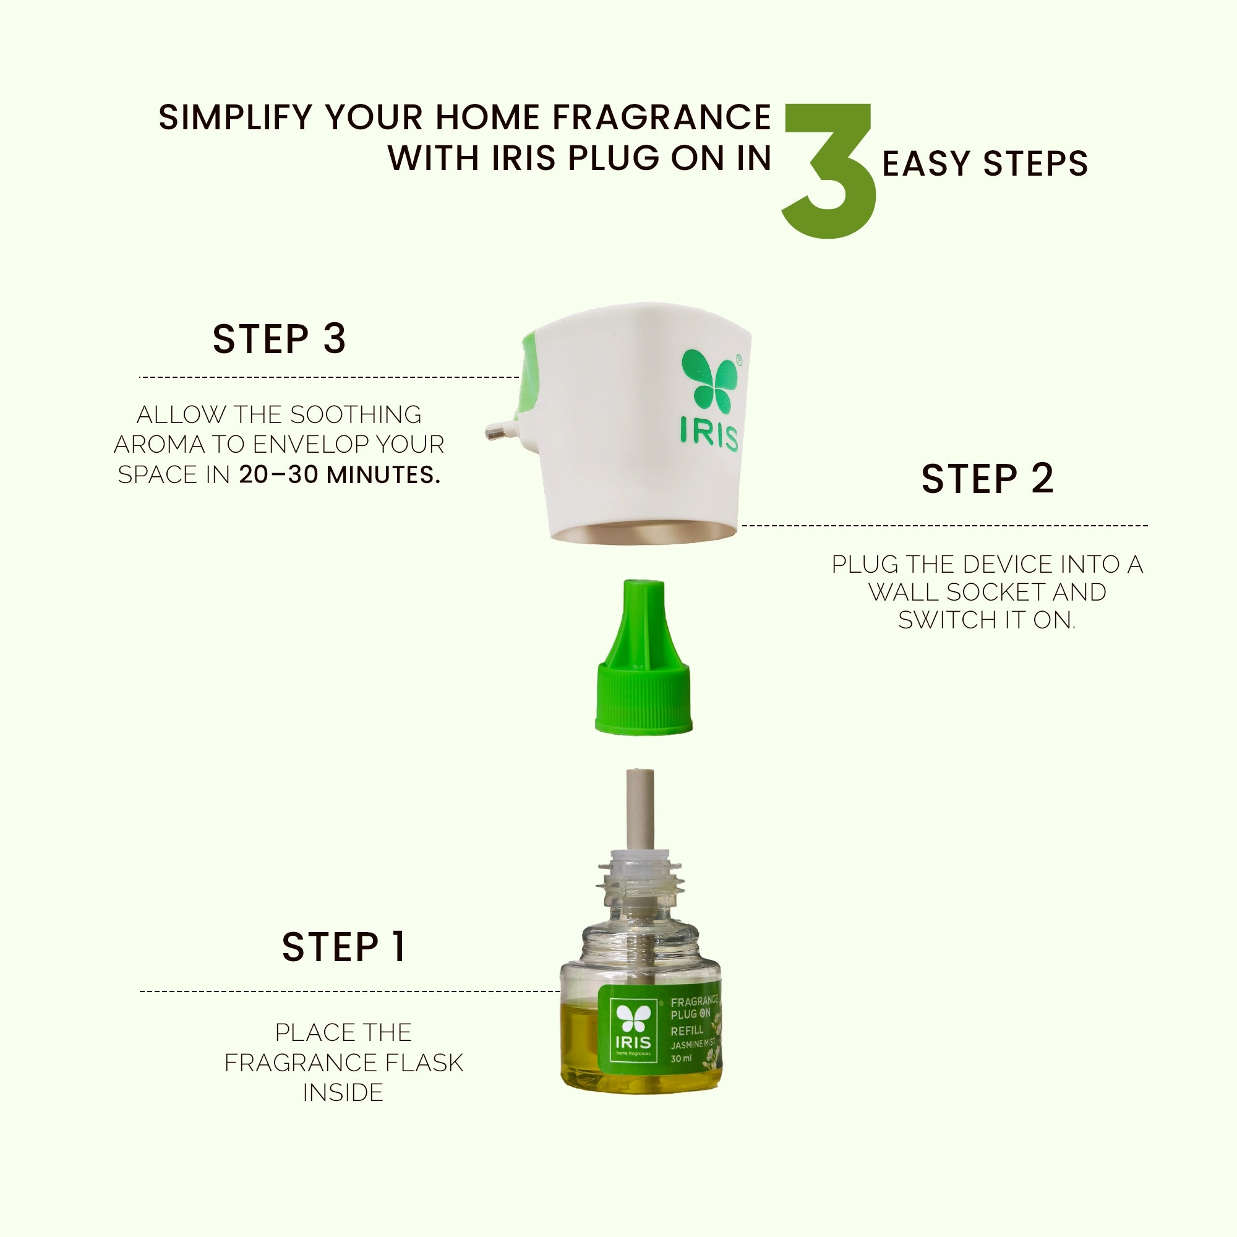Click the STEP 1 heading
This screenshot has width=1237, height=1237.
click(344, 947)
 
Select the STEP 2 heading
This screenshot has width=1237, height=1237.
click(987, 479)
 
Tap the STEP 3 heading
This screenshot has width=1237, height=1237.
click(279, 339)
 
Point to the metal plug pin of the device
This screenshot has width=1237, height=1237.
click(497, 432)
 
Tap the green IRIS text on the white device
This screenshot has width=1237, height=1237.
click(709, 436)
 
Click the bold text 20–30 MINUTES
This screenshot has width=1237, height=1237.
click(340, 475)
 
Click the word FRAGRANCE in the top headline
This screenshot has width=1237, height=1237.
click(661, 118)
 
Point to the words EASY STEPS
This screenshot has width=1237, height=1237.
click(985, 164)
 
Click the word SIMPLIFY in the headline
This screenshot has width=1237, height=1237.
click(235, 118)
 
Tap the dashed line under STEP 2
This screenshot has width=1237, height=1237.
click(944, 526)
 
